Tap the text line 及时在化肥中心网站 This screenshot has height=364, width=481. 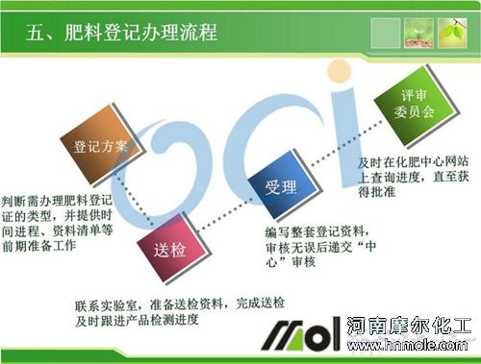click(413, 164)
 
